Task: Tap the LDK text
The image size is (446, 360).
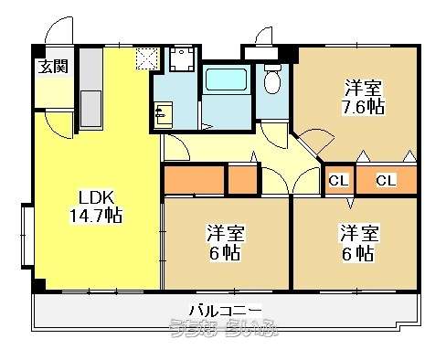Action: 95,197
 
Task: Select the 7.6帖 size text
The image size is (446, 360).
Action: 364,106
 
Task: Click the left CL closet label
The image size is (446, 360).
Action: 338,180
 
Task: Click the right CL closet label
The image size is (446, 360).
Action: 386,180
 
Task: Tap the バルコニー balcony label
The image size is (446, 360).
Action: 225,308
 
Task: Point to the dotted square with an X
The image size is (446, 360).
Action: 146,58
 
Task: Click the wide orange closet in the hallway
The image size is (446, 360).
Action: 193,180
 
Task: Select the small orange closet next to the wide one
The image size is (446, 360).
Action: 242,180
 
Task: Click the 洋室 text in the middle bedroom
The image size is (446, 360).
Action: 224,232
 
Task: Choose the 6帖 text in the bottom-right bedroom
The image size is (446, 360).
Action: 358,252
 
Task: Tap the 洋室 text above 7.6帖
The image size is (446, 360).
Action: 364,88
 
